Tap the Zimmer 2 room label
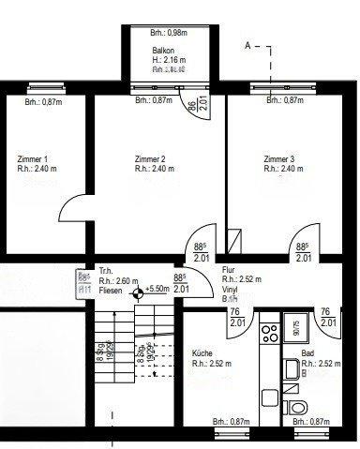(150, 159)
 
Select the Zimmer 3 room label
(279, 159)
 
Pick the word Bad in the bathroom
(307, 352)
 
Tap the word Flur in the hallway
(228, 268)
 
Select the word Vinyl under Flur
(231, 290)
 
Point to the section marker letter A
(247, 44)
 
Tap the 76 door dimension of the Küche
(235, 312)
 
